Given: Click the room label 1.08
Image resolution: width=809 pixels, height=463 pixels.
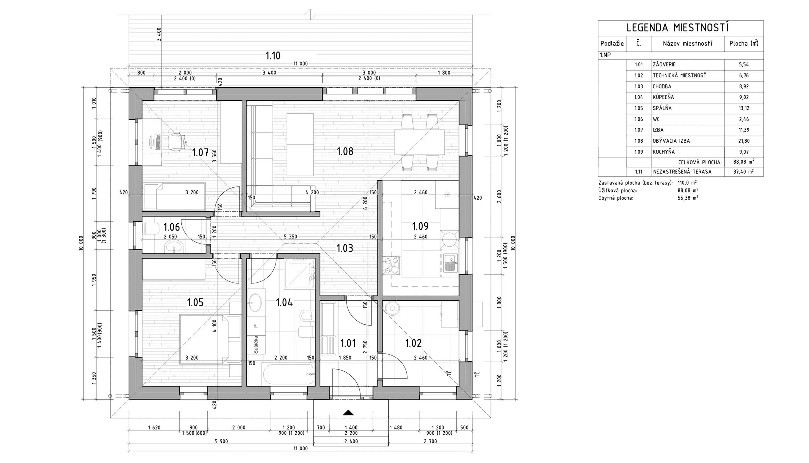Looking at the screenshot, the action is click(x=345, y=151).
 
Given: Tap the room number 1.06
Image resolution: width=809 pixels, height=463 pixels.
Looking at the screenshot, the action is click(x=172, y=227).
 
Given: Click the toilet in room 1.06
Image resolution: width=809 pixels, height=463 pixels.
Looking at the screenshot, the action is click(x=151, y=228).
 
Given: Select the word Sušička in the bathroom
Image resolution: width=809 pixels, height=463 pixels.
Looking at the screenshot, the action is click(x=256, y=345).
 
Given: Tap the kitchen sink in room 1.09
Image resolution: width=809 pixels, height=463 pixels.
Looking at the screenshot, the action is click(x=451, y=264).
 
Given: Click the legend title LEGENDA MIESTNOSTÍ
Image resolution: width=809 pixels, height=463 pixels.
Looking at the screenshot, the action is click(x=678, y=28).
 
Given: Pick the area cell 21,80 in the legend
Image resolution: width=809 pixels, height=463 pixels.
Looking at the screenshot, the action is click(x=744, y=141).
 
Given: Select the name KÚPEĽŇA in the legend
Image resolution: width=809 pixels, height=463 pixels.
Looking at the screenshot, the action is click(x=663, y=97).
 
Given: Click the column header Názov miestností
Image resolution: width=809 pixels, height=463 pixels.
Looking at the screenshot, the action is click(x=688, y=43).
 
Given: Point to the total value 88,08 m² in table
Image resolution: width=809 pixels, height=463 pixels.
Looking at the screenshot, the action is click(x=744, y=162).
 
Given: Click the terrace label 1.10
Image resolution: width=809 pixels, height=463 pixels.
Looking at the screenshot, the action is click(x=273, y=56).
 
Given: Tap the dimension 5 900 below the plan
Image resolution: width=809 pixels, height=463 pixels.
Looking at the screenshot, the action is click(x=221, y=441).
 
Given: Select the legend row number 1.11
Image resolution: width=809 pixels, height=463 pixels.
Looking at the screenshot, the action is click(x=639, y=172).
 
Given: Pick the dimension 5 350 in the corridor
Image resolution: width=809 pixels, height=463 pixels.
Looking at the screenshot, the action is click(x=290, y=237).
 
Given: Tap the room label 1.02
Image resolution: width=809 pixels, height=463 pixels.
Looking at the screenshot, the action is click(x=413, y=343).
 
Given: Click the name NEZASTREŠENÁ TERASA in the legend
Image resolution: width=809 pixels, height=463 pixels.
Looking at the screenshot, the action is click(x=682, y=172).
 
